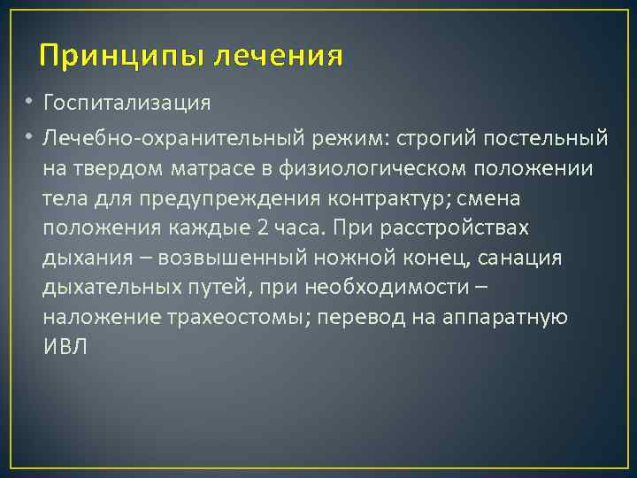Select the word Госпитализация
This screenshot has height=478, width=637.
coord(127,103)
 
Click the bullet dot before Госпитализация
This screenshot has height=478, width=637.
coord(29,103)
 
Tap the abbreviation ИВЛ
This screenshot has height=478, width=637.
coord(65,347)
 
